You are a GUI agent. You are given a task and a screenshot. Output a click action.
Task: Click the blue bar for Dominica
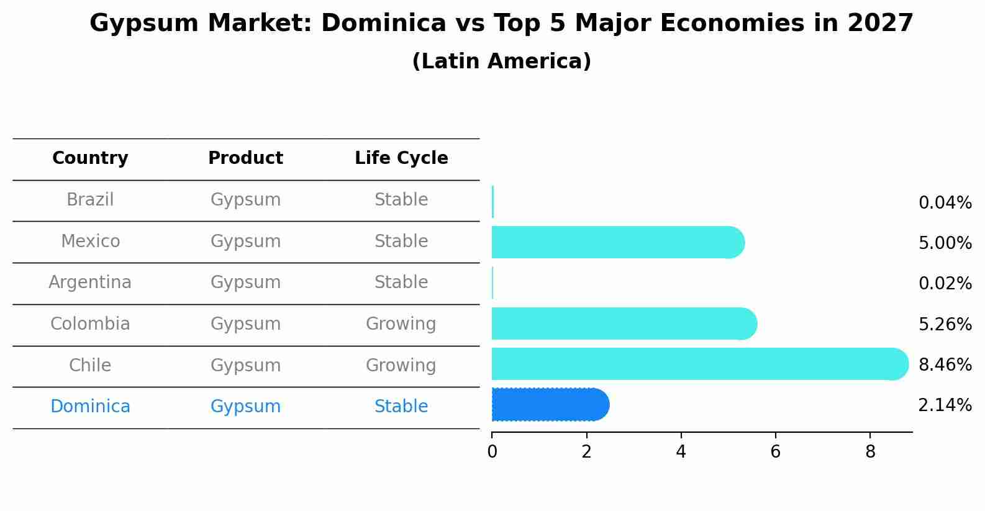tap(550, 405)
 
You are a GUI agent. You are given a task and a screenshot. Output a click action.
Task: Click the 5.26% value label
tap(945, 324)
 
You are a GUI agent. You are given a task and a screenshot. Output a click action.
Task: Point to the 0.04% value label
tap(945, 203)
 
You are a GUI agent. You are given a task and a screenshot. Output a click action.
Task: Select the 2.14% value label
tap(945, 405)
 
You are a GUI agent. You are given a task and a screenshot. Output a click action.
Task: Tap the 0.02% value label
tap(945, 284)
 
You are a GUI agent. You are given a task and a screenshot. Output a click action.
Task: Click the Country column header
tap(90, 158)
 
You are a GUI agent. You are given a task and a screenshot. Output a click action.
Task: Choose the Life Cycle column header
tap(401, 158)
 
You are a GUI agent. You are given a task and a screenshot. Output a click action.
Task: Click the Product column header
tap(245, 158)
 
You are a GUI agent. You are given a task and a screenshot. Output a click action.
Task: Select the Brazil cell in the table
tap(90, 200)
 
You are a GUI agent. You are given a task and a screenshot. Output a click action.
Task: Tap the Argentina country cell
tap(90, 283)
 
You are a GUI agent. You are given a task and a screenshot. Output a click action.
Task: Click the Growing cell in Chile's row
tap(401, 365)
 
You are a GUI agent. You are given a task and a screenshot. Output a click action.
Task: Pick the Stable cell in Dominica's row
tap(401, 407)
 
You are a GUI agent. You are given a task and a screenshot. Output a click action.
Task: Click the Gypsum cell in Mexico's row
tap(245, 241)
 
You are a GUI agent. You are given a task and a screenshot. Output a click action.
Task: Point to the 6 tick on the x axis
tap(775, 452)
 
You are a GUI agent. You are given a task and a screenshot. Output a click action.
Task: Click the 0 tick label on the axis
tap(492, 452)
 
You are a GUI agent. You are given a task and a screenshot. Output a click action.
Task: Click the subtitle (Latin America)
tap(501, 61)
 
